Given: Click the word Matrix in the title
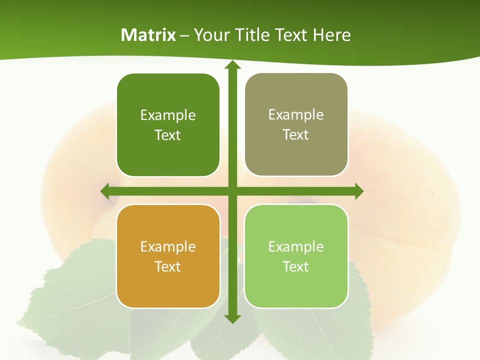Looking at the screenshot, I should pos(148,35).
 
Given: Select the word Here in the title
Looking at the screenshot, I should pos(332,35).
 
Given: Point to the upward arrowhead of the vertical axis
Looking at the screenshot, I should pos(232,65).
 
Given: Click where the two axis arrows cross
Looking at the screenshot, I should pos(232,191).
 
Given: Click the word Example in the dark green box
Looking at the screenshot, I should pos(168,115).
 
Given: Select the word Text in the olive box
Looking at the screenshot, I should pos(296,135).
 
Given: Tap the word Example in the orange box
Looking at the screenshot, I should pos(168,246).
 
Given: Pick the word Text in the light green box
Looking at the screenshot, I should pos(296,266).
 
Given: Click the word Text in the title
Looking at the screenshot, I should pos(290,35).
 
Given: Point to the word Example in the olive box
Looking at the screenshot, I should pos(296,115).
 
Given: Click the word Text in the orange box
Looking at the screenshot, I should pos(168,266).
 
